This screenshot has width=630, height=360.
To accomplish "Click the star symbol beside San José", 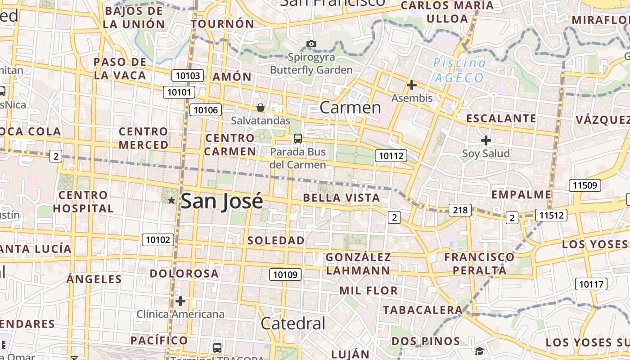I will tap(171, 200).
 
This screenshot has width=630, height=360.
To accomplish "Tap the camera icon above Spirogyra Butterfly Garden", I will tap(311, 44).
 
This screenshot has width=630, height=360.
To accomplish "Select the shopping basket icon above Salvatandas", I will tap(260, 107).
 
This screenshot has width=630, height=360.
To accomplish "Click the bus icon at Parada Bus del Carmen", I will tap(297, 139).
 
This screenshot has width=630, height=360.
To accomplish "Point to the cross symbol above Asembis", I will tap(411, 85).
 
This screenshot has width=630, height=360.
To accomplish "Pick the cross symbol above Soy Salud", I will tap(486, 140).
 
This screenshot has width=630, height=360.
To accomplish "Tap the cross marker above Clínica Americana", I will tap(180, 301).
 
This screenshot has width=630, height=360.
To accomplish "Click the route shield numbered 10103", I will tap(188, 76).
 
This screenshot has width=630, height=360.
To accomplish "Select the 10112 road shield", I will tap(391, 156).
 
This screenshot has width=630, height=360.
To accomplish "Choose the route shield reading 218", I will tap(460, 210).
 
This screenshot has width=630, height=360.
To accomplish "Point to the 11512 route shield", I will tap(551, 216).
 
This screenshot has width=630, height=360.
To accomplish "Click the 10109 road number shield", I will tap(285, 274).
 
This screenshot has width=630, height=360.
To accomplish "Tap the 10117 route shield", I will tap(591, 284).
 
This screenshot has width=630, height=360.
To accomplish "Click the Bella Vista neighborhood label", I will tap(342, 198).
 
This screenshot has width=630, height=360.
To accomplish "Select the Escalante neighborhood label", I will tap(501, 119).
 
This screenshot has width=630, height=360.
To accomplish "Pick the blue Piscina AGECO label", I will tap(459, 70).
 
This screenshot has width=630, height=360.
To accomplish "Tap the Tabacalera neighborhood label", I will tap(423, 310).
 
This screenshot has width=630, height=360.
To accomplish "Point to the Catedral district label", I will tap(292, 323).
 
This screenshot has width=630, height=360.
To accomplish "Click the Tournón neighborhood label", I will tap(223, 24).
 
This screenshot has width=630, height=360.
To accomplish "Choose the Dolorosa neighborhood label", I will tap(184, 274).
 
